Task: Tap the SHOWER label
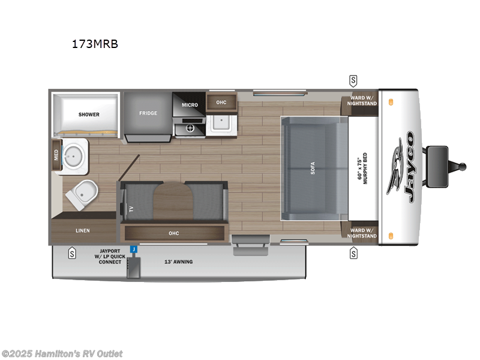pyautogui.click(x=89, y=114)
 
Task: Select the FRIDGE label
pyautogui.click(x=148, y=113)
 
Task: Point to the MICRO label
pyautogui.click(x=190, y=105)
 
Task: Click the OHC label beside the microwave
pyautogui.click(x=221, y=103)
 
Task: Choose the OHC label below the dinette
pyautogui.click(x=174, y=233)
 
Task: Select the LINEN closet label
pyautogui.click(x=83, y=230)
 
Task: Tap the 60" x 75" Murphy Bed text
pyautogui.click(x=364, y=167)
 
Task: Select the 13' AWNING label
pyautogui.click(x=179, y=262)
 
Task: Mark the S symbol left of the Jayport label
pyautogui.click(x=72, y=253)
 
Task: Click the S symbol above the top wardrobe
pyautogui.click(x=353, y=80)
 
